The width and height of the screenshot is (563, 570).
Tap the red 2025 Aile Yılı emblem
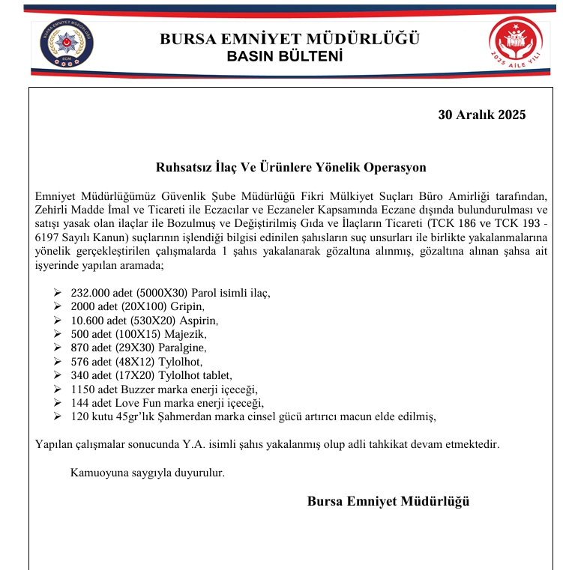pos(514,43)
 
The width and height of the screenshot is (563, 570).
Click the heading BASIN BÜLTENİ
pos(284,56)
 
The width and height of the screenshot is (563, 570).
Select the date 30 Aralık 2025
pos(482,115)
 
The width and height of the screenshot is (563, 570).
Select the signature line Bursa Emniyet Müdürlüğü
pos(388,501)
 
